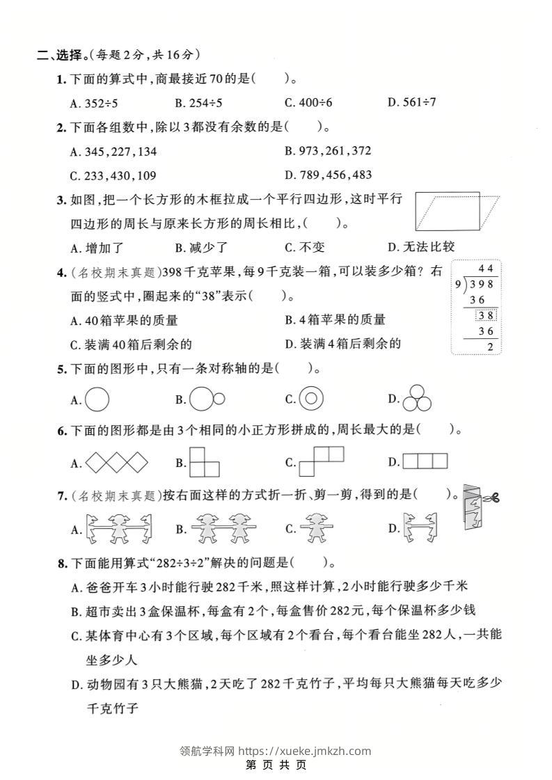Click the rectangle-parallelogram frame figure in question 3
click(x=457, y=211)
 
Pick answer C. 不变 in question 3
click(x=305, y=247)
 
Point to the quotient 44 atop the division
click(x=486, y=269)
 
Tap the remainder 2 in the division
click(x=491, y=346)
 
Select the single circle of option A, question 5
click(x=97, y=399)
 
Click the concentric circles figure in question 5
click(x=311, y=399)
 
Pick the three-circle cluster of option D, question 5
click(x=417, y=397)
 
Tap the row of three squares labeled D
click(x=425, y=461)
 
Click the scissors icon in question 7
click(x=492, y=497)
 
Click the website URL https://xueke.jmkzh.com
click(x=304, y=751)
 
